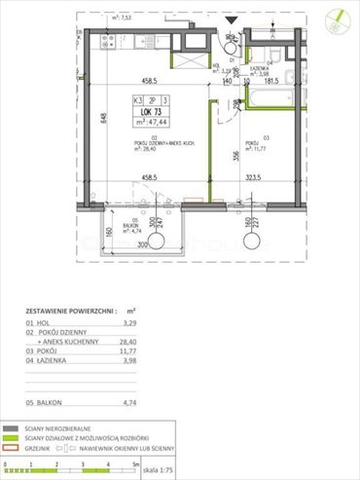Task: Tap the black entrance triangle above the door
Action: point(228,18)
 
